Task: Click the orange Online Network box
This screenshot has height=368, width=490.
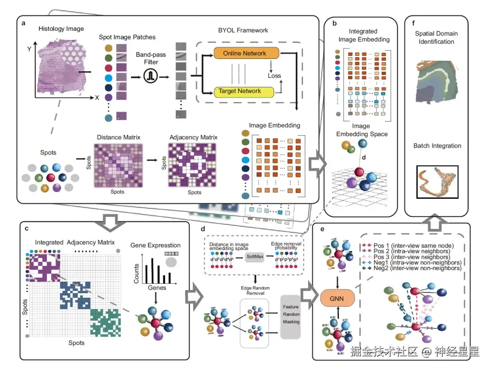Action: [x=245, y=54]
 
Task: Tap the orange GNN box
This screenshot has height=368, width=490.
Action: [x=336, y=299]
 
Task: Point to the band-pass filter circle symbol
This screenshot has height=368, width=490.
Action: [x=150, y=77]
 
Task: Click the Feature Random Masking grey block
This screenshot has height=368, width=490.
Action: [x=291, y=314]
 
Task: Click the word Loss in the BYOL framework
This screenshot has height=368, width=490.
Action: [x=274, y=76]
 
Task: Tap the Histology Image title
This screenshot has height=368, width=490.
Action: [x=61, y=29]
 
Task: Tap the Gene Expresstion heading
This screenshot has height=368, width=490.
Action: [x=156, y=245]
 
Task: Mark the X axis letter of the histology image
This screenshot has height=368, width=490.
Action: [x=97, y=98]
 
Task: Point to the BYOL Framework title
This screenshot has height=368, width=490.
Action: [x=243, y=30]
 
